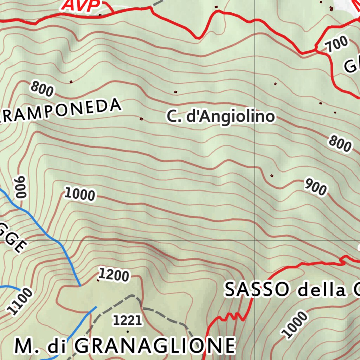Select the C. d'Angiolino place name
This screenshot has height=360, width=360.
pos(220,117)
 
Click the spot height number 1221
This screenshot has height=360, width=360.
pos(127,320)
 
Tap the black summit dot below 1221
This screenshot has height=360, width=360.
pos(127,332)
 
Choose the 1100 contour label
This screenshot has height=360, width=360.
pos(20,301)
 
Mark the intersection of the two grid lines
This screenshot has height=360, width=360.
pos(255,241)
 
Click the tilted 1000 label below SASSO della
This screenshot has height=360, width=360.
pos(295,324)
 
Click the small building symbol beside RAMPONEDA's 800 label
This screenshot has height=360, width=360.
pos(71,82)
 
